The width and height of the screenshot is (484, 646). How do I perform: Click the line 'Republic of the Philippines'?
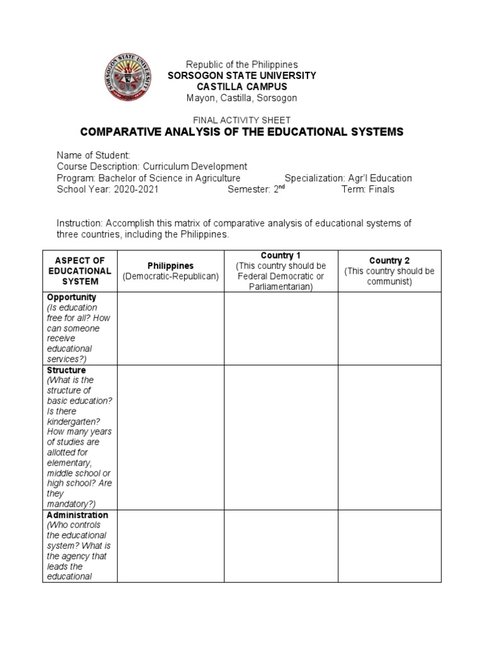click(241, 64)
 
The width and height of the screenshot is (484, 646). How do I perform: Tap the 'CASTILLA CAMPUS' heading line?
click(241, 86)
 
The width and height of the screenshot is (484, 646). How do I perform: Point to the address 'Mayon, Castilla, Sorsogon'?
click(241, 98)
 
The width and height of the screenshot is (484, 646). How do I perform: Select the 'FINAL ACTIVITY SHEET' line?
click(241, 120)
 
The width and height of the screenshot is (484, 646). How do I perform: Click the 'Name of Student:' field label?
click(93, 155)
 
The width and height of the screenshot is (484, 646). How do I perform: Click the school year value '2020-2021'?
click(136, 189)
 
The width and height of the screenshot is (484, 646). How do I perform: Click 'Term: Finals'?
click(368, 189)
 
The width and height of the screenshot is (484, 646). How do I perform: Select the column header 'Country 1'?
click(281, 255)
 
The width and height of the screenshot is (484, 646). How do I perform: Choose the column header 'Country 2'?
click(389, 261)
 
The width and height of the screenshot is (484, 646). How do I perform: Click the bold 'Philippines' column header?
click(171, 266)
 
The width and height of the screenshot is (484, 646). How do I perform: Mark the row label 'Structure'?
click(67, 370)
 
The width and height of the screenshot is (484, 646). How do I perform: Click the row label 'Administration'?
click(78, 515)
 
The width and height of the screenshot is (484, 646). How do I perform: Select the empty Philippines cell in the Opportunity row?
click(171, 328)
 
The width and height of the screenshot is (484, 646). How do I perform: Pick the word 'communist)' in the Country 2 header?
click(389, 281)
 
